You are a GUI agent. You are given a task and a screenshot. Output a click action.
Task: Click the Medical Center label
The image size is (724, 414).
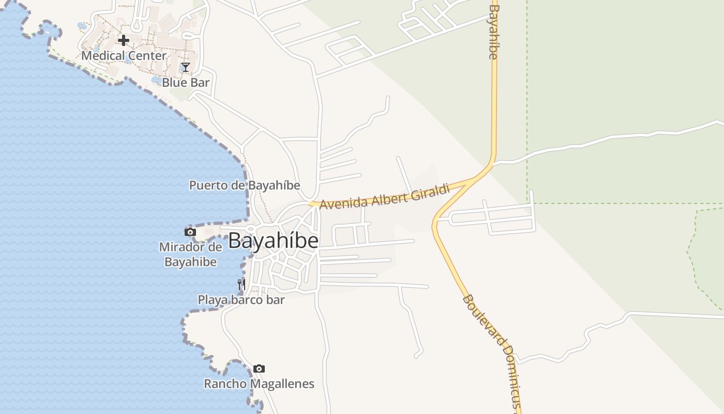pos(124,55)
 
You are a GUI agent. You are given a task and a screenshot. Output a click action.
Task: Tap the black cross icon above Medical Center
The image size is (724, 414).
pos(124,40)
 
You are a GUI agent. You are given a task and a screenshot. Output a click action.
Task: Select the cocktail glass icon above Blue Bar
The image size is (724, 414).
pos(186,67)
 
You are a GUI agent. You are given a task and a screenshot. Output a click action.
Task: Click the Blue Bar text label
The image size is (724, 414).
pos(186,82)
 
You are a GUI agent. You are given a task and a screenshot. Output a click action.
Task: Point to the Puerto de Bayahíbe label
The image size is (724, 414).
pos(245,185)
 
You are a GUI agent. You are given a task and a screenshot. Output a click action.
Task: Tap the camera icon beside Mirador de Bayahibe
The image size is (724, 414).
pos(190,232)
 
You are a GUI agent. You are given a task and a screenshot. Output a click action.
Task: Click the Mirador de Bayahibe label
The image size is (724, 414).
pos(190,254)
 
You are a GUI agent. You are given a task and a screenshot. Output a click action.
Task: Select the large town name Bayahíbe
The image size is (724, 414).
pos(273,241)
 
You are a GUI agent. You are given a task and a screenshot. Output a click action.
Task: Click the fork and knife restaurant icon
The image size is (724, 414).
pos(241,284)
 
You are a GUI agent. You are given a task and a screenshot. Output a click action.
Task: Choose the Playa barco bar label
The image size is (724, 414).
pos(241,300)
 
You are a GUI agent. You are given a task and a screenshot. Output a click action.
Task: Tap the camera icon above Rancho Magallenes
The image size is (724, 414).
pos(259,369)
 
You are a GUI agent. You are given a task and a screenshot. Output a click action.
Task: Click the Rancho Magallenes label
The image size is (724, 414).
pos(259,384)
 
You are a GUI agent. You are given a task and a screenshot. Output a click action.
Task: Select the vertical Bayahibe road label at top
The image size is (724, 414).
pos(494,32)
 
